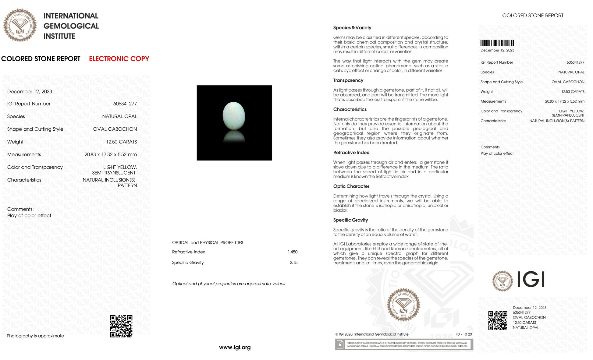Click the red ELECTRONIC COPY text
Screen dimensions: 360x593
[119, 59]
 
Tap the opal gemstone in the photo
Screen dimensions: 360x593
[234, 116]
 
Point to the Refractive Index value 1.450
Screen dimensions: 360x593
[293, 252]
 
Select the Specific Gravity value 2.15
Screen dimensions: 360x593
[293, 263]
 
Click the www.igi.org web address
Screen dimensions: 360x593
[235, 347]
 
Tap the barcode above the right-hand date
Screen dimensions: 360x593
[497, 43]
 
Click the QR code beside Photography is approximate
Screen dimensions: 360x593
[121, 326]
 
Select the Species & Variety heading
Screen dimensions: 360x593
[352, 28]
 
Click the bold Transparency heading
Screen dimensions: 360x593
[348, 80]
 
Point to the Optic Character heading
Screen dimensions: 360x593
[351, 186]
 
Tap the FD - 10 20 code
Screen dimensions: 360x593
[463, 334]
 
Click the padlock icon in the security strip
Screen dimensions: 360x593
[339, 344]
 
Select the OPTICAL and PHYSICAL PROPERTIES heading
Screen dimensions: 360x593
[208, 243]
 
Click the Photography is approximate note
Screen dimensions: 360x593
[35, 336]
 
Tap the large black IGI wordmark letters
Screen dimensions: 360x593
[531, 280]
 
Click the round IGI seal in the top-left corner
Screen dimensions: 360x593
[20, 25]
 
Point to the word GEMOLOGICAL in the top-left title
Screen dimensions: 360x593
[71, 26]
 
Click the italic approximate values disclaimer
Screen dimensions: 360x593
[229, 284]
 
